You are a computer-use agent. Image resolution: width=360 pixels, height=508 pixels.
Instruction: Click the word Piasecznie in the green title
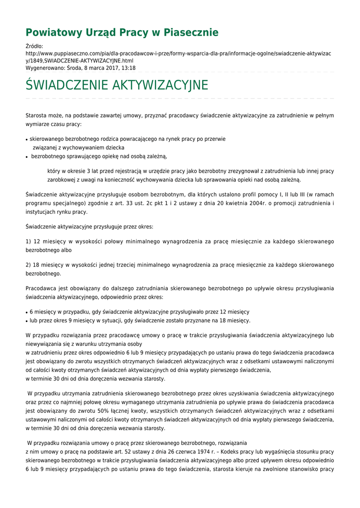tap(191, 33)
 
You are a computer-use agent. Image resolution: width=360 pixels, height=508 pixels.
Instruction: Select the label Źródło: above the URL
tap(34, 46)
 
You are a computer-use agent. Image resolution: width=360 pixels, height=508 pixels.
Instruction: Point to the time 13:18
tap(129, 67)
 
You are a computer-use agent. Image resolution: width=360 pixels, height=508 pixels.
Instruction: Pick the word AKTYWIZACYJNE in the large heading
tap(160, 85)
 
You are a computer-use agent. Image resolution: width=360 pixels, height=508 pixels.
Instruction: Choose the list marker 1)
tap(29, 241)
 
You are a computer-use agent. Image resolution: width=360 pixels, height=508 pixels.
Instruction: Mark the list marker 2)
tap(29, 265)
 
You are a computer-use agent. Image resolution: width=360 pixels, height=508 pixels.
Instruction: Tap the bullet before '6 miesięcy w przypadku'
tap(27, 313)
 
